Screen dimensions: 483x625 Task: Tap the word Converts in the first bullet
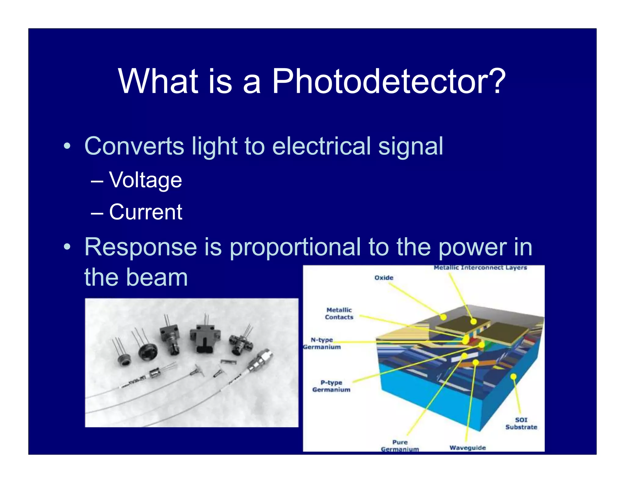[x=134, y=146]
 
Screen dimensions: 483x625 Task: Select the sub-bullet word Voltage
[x=146, y=180]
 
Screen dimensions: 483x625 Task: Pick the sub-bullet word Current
[x=146, y=212]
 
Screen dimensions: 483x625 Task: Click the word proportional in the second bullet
[x=295, y=247]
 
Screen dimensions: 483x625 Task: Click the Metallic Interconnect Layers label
[x=480, y=268]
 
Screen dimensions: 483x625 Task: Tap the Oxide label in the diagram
[x=384, y=278]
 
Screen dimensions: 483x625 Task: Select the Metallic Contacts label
[x=339, y=314]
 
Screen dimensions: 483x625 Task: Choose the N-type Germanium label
[x=322, y=343]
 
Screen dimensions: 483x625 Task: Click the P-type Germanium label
[x=331, y=386]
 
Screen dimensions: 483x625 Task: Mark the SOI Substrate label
[x=521, y=424]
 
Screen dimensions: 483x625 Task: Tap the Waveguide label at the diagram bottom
[x=467, y=448]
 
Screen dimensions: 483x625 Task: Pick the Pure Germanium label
[x=400, y=446]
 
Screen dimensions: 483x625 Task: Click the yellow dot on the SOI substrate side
[x=513, y=376]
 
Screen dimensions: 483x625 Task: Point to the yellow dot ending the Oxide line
[x=443, y=317]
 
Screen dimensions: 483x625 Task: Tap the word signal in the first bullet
[x=410, y=146]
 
